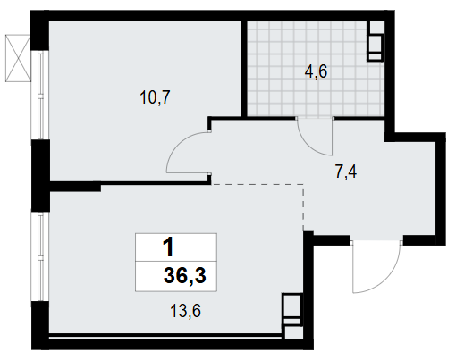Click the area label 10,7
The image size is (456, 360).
155,97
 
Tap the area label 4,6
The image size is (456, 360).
316,71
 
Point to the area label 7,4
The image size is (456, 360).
346,172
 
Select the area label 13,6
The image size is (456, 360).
185,311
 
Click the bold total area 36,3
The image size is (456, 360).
185,276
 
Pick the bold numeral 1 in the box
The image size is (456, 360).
168,247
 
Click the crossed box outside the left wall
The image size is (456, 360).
18,58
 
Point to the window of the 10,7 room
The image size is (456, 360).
40,96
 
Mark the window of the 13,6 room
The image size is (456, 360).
40,256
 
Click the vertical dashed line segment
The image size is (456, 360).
303,207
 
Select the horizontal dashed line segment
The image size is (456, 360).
258,185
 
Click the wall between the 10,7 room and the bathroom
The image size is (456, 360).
244,69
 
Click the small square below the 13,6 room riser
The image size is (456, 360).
293,333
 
